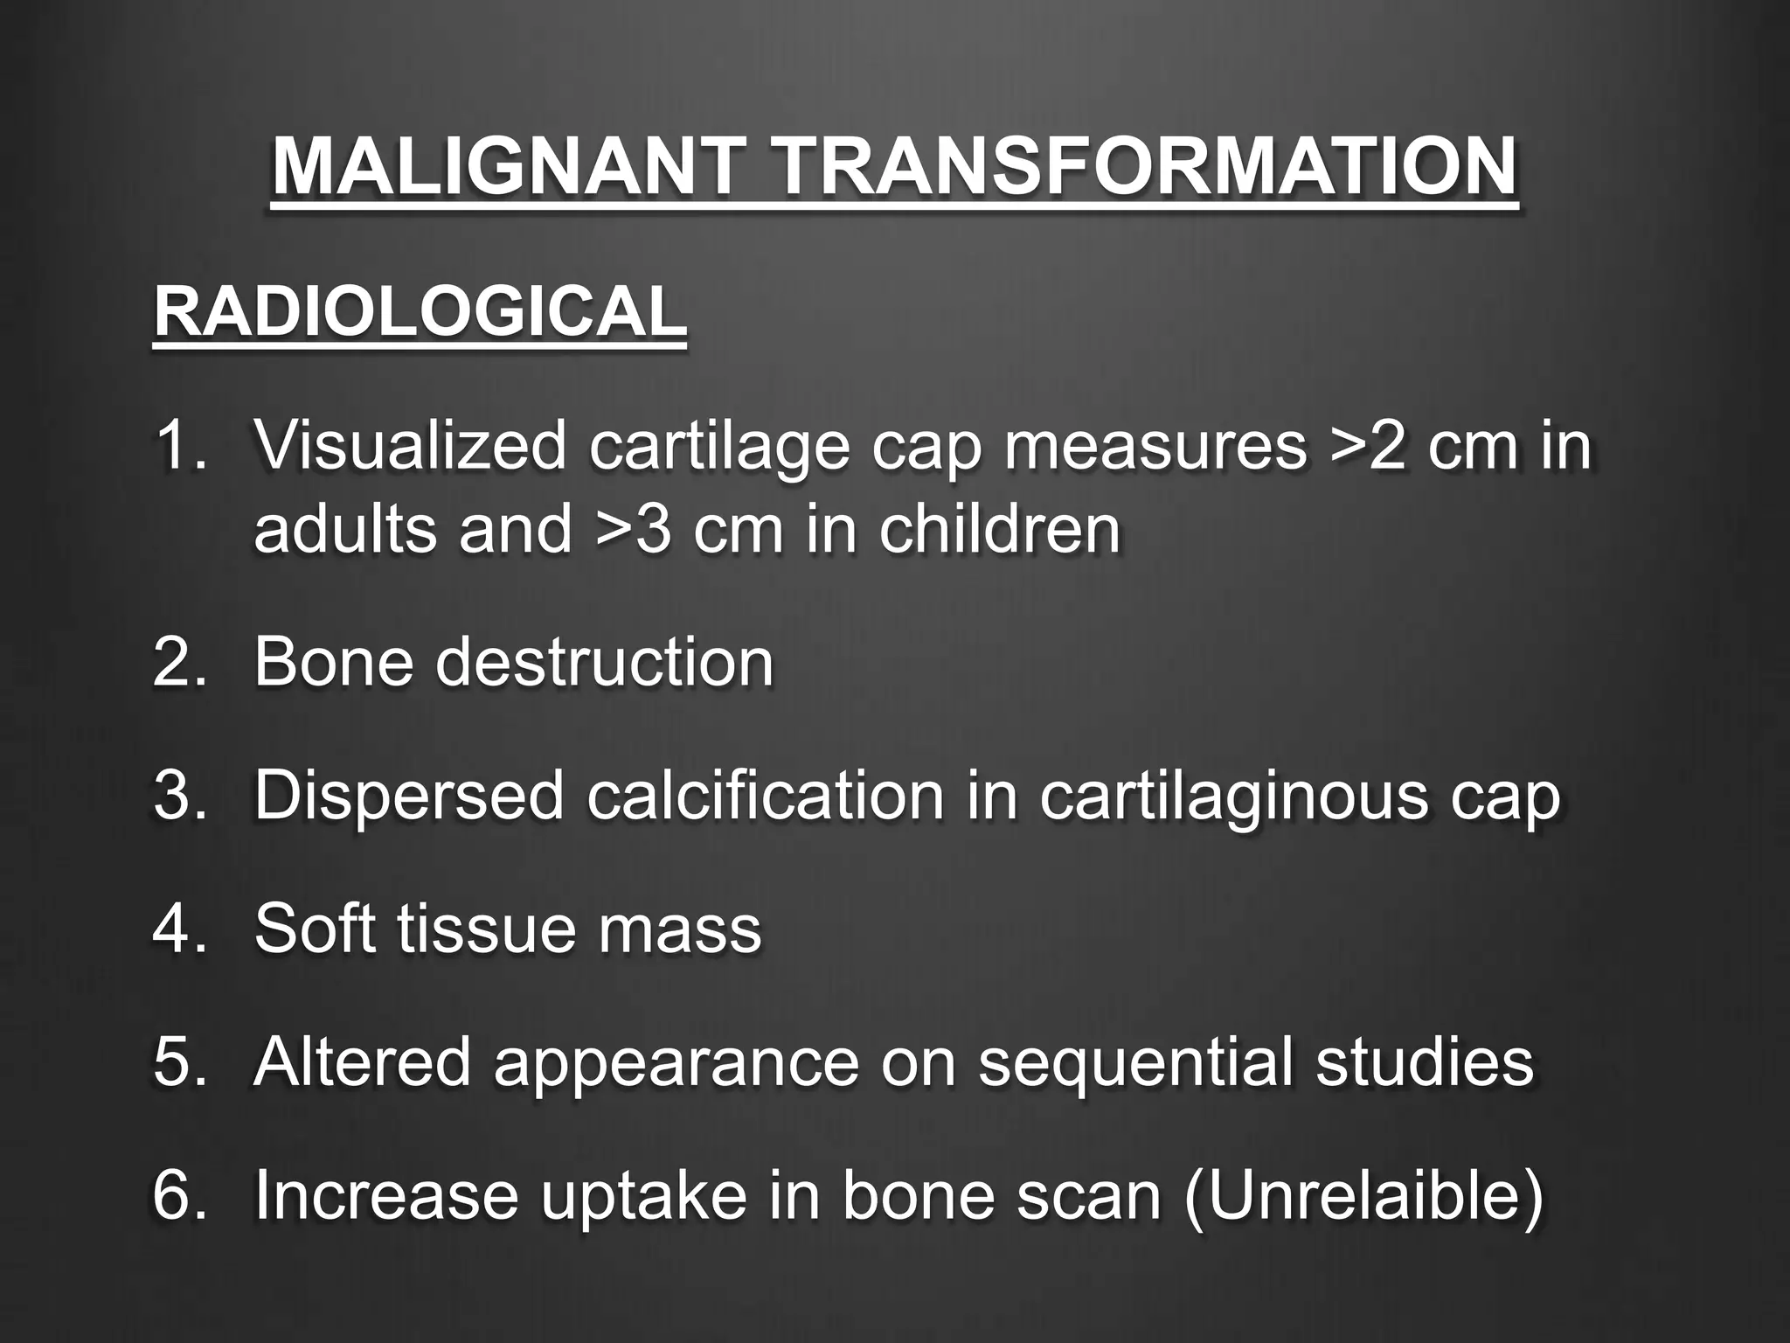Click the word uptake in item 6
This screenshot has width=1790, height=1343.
(643, 1196)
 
